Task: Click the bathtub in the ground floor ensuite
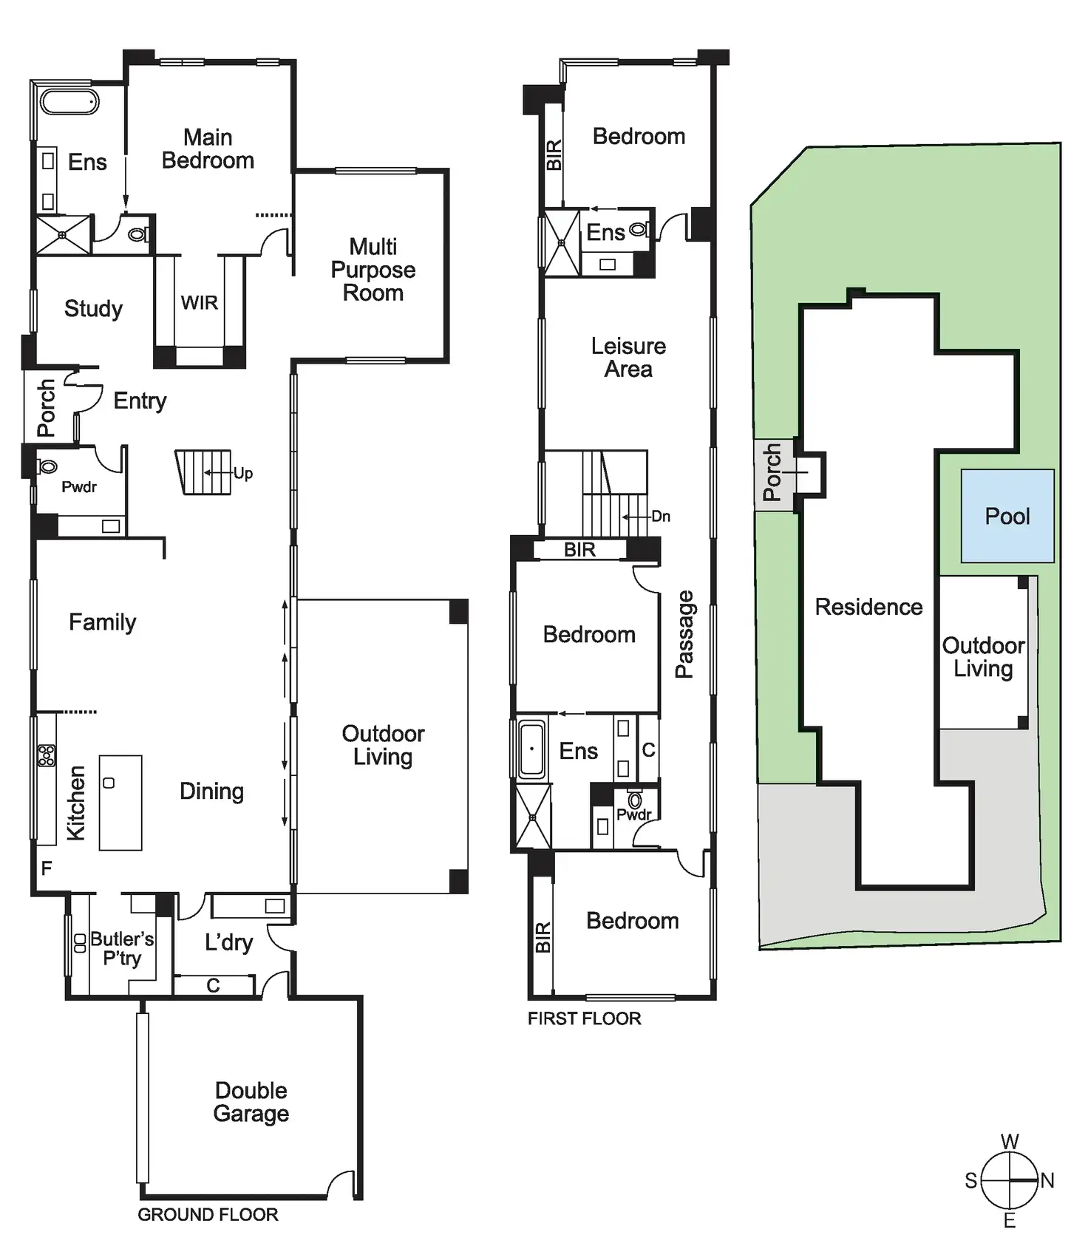click(x=69, y=102)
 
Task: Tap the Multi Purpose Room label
click(x=373, y=270)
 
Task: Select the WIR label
click(x=200, y=303)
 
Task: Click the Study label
click(x=93, y=308)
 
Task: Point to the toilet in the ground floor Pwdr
click(x=49, y=466)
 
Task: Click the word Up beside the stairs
click(x=243, y=473)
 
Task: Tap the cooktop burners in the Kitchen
click(x=47, y=755)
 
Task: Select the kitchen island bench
click(x=120, y=802)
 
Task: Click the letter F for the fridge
click(x=47, y=868)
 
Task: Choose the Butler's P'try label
click(x=122, y=948)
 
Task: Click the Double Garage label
click(x=251, y=1102)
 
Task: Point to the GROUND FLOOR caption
click(x=208, y=1214)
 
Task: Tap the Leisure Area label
click(x=628, y=358)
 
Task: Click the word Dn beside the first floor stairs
click(x=661, y=517)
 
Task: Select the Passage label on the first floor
click(x=684, y=634)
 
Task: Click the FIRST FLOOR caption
click(x=584, y=1018)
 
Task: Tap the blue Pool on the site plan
click(x=1007, y=516)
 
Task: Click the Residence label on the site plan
click(x=868, y=607)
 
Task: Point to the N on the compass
click(x=1047, y=1181)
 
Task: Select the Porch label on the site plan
click(x=772, y=472)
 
